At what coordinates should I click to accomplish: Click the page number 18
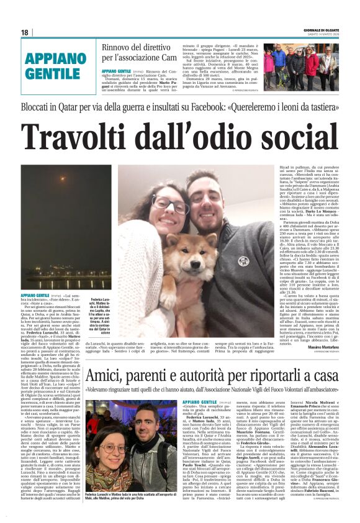pyautogui.click(x=25, y=32)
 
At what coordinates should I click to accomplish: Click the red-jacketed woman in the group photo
pyautogui.click(x=268, y=63)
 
